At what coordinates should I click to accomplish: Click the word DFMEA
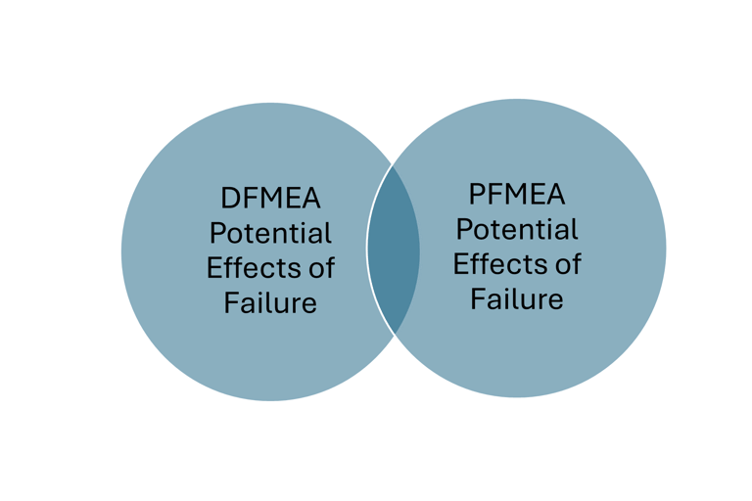click(x=270, y=200)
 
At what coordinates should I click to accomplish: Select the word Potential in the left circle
click(x=271, y=234)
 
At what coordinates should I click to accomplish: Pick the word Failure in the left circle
click(x=270, y=301)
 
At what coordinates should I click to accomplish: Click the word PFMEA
click(x=517, y=195)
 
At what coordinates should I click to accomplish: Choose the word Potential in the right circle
click(x=517, y=229)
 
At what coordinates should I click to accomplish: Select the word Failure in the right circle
click(x=517, y=297)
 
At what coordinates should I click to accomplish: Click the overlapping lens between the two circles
click(x=394, y=250)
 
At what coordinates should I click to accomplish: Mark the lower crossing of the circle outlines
click(x=395, y=337)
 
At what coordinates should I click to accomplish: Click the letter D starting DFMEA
click(x=228, y=200)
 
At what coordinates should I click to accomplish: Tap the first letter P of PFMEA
click(x=475, y=195)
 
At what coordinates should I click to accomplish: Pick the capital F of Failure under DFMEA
click(x=231, y=301)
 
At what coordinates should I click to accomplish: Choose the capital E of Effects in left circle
click(x=213, y=267)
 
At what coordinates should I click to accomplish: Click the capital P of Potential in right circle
click(x=463, y=229)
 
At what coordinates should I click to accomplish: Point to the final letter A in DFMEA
click(x=310, y=200)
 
